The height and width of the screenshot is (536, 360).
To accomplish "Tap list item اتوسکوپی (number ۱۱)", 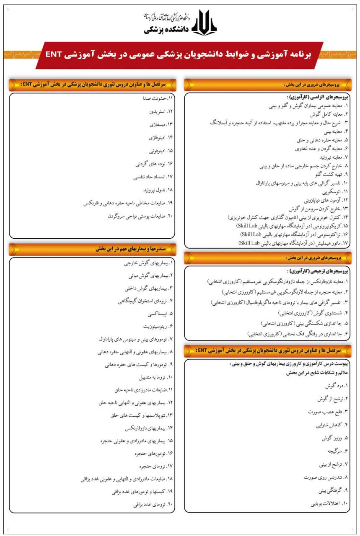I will tap(332, 192).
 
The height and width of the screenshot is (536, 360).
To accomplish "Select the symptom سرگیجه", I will tap(333, 451).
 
